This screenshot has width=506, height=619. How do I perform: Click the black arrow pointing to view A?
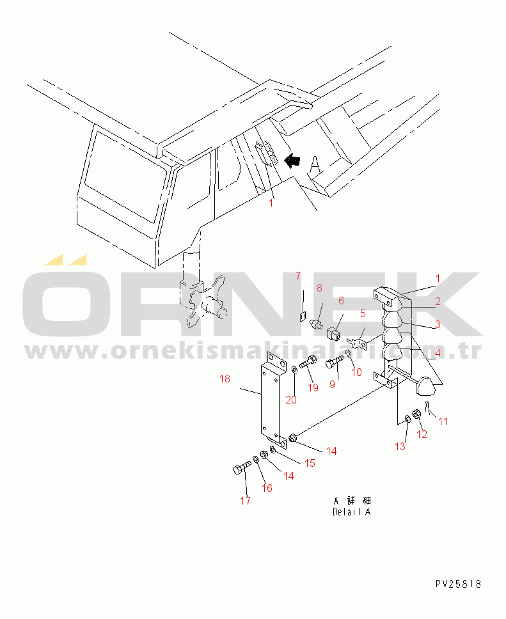292,161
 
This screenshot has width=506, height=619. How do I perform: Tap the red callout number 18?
225,379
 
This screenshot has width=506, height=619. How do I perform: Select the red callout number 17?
245,501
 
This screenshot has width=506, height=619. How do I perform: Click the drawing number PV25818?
458,584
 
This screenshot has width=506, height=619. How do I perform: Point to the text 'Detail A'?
352,512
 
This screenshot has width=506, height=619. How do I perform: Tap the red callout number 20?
291,400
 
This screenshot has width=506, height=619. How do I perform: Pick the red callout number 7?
298,276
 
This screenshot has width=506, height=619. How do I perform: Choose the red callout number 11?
443,421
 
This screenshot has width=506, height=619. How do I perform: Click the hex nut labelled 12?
416,414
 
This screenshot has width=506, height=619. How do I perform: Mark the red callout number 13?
400,446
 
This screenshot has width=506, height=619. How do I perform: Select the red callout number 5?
363,313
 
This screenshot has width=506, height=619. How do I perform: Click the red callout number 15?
310,463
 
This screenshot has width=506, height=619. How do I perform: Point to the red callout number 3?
438,324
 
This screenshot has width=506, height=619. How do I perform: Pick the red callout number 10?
357,372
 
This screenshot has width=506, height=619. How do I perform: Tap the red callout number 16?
267,489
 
